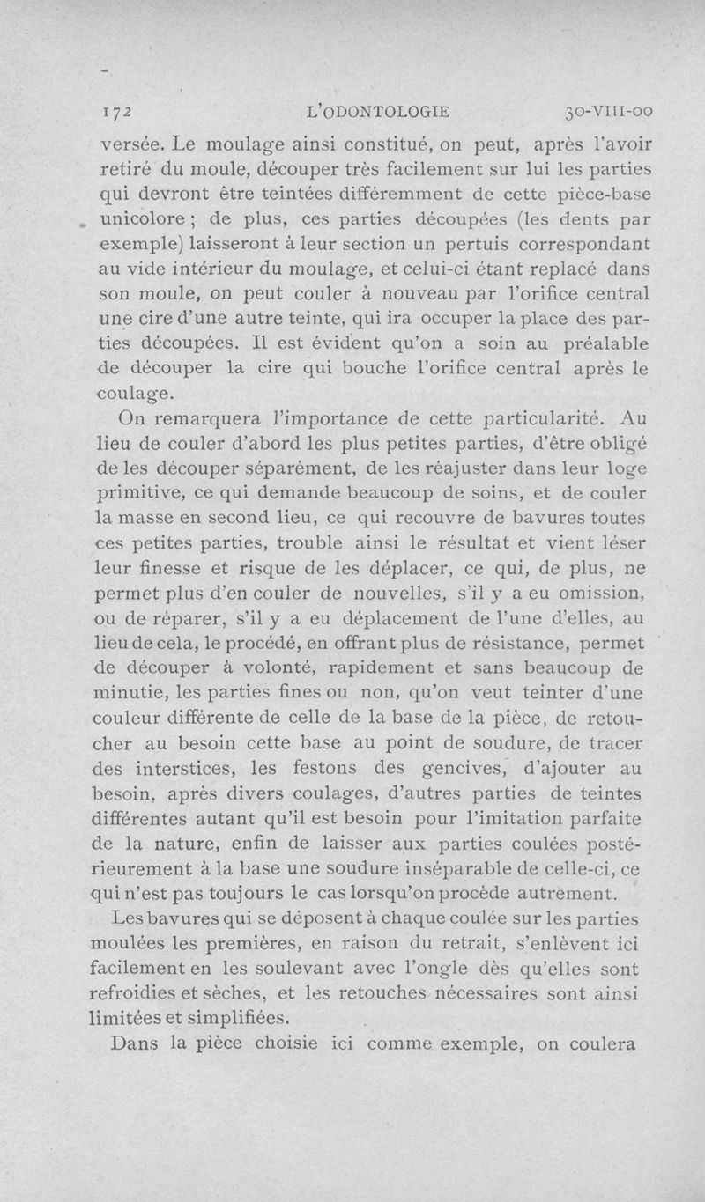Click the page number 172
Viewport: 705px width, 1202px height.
click(116, 112)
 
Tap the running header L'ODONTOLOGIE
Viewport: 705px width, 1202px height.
click(376, 112)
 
